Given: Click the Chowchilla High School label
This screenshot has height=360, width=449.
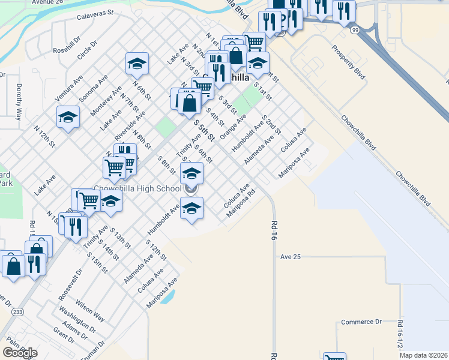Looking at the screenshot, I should [x=137, y=188].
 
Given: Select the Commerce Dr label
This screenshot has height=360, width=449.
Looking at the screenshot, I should [x=361, y=322].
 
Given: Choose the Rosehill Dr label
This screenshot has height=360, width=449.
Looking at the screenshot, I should [x=67, y=41].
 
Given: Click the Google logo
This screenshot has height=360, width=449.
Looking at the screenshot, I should [x=20, y=352].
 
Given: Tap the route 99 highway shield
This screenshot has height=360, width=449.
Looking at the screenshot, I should [x=356, y=29].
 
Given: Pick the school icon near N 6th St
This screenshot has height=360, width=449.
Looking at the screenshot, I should [x=137, y=62].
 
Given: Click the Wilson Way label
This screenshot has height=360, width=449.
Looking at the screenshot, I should [x=90, y=309].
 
